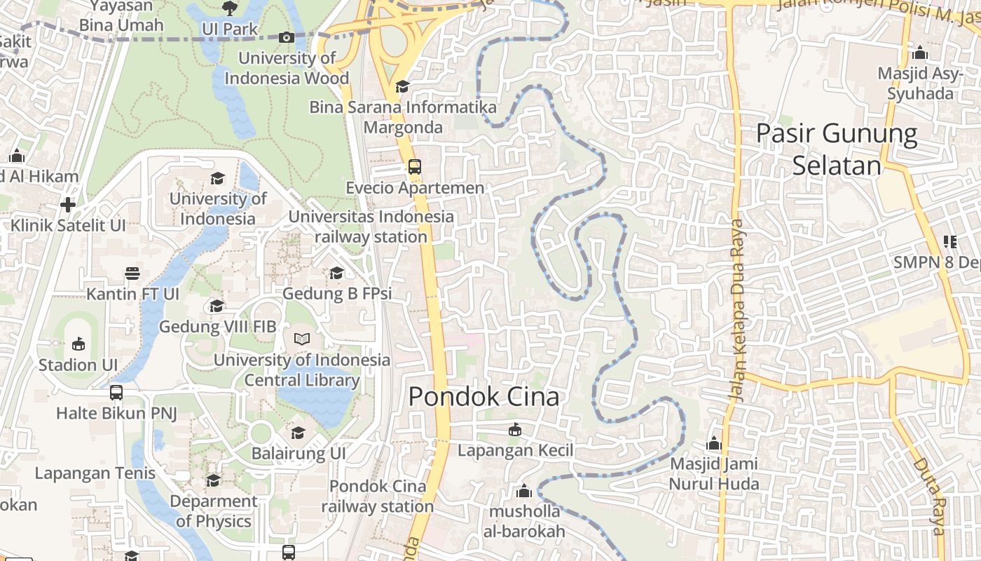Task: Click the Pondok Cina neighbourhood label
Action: [483, 397]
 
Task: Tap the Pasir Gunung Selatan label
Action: [837, 149]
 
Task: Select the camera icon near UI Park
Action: [286, 37]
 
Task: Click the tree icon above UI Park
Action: [229, 8]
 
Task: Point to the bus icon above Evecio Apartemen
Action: [415, 167]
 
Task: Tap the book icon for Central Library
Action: [301, 339]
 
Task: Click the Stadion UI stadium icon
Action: [78, 344]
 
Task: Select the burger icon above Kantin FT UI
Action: [132, 273]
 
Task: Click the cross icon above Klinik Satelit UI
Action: [68, 205]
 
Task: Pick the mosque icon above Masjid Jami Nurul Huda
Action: [714, 443]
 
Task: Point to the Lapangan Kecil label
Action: [515, 450]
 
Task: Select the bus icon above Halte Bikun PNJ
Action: [116, 393]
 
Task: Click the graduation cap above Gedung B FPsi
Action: [337, 273]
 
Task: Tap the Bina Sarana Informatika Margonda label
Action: [403, 117]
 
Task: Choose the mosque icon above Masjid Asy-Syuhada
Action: [920, 53]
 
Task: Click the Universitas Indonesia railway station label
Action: [371, 227]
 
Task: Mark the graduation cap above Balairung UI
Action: [299, 432]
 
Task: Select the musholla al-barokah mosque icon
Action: [523, 491]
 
